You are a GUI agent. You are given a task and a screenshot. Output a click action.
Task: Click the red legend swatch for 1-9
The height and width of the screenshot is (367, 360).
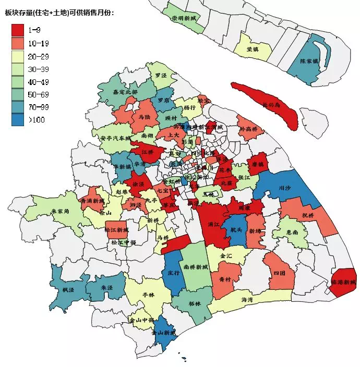click(x=18, y=30)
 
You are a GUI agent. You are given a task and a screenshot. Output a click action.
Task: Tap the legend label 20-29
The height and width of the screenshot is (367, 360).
click(x=39, y=56)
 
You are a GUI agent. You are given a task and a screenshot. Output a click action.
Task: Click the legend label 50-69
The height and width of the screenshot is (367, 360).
click(x=39, y=94)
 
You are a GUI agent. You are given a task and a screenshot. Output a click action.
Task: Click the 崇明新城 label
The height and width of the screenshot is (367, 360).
click(x=184, y=18)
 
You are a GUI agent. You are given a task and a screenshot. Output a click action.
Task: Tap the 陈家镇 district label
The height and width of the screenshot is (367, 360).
click(x=309, y=61)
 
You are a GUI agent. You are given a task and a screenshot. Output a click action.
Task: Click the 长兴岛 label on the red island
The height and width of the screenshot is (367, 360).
click(x=271, y=105)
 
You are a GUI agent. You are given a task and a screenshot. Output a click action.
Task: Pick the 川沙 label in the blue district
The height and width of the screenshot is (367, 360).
click(x=285, y=188)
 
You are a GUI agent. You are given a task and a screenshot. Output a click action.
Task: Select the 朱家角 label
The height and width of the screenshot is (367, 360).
click(x=61, y=212)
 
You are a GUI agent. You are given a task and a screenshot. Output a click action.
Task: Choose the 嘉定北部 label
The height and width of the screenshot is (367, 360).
click(x=125, y=92)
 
